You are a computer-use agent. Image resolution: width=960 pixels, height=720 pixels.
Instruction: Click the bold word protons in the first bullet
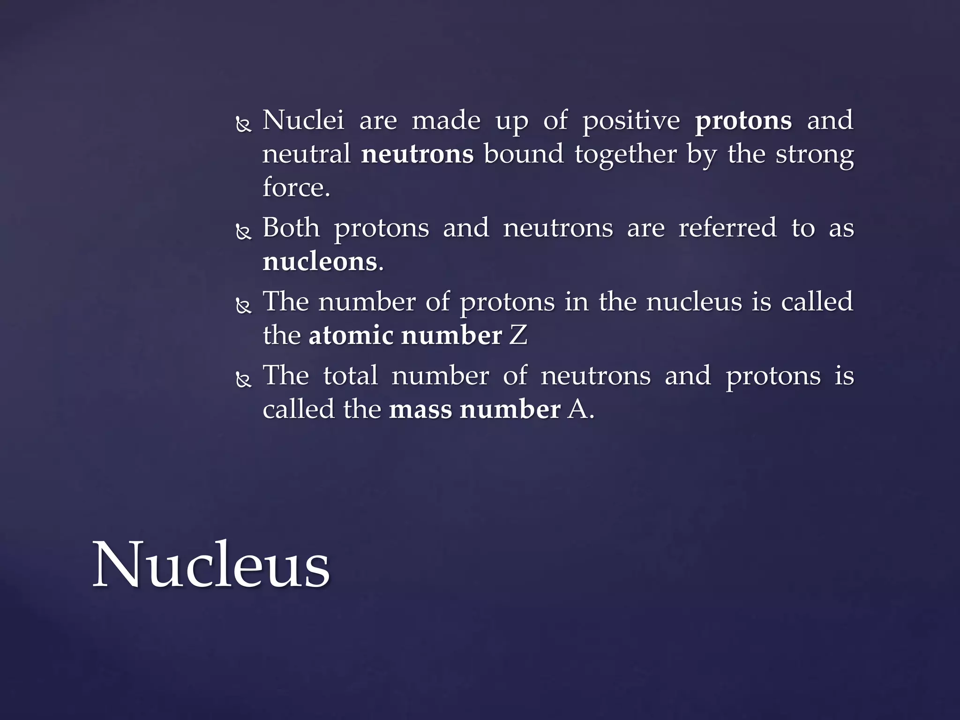point(743,121)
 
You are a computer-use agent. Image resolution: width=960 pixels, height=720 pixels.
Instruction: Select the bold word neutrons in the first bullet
point(417,155)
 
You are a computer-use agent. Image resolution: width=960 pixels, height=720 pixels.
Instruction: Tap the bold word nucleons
point(320,262)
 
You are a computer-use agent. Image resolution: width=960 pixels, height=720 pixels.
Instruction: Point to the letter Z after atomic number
point(518,336)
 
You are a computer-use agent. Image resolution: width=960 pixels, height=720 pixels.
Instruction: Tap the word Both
point(291,228)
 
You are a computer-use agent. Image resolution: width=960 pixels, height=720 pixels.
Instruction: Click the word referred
point(727,228)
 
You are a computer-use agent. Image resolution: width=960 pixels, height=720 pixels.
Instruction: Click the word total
point(350,375)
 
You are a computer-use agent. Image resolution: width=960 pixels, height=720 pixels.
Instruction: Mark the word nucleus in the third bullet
point(694,301)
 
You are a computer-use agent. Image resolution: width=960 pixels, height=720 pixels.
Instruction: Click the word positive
point(631,121)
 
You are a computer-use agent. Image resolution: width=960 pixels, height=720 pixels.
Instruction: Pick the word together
point(626,155)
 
